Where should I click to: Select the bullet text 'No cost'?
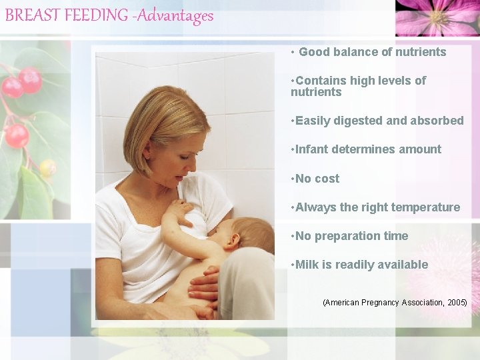click(317, 179)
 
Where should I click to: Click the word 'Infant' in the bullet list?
click(312, 149)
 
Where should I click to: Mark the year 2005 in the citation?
click(457, 303)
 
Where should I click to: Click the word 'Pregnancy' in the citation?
click(385, 303)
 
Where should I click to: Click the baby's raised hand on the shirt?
click(178, 211)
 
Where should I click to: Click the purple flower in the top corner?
click(437, 17)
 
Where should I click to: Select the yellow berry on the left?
click(47, 168)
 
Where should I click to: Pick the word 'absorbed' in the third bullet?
click(437, 121)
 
